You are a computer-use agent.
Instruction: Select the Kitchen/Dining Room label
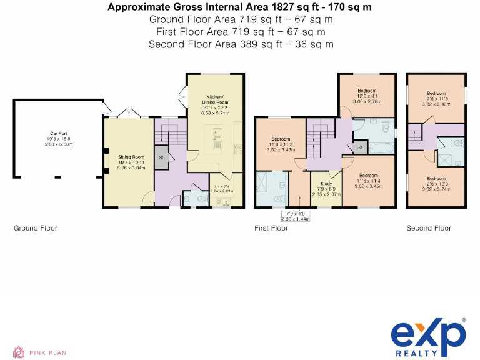tap(217, 99)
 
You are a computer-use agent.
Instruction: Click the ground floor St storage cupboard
tap(161, 157)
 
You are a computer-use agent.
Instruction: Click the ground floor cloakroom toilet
tap(201, 199)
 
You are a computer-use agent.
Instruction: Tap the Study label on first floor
tap(326, 184)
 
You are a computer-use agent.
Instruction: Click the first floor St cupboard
tap(361, 147)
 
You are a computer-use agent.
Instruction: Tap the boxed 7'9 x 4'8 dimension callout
tap(295, 216)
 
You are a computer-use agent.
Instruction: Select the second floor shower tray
tap(446, 159)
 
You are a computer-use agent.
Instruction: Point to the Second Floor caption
tap(429, 228)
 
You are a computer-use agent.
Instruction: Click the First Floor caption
tap(271, 228)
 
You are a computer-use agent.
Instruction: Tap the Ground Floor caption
tap(36, 228)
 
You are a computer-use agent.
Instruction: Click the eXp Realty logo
tap(428, 339)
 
